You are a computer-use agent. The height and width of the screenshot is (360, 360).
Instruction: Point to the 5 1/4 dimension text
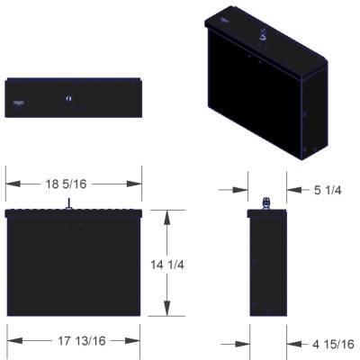click(328, 190)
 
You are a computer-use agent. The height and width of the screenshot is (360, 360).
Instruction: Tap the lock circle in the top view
click(69, 97)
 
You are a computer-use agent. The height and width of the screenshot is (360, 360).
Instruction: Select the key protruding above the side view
click(265, 202)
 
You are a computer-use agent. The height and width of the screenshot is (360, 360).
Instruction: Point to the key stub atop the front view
click(67, 205)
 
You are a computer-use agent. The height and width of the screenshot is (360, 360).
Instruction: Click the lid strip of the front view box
click(74, 213)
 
